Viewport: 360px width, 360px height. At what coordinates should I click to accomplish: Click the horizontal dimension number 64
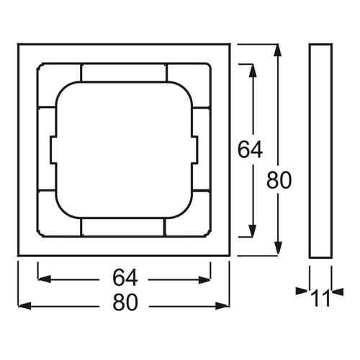coord(125,278)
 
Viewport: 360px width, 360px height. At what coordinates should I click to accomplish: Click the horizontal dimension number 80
coord(125,302)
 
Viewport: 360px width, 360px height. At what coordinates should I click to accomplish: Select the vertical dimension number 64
coord(250,149)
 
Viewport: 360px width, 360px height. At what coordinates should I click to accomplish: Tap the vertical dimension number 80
coord(279,180)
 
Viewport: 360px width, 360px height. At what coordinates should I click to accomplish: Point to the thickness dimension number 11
coord(320,298)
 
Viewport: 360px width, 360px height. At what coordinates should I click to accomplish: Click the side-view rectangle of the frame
coord(320,151)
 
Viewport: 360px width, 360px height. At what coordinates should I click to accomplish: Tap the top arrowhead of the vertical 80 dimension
coord(278,50)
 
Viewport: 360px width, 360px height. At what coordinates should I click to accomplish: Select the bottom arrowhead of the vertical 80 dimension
coord(278,248)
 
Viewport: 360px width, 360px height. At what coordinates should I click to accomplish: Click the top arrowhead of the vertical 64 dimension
coord(253,71)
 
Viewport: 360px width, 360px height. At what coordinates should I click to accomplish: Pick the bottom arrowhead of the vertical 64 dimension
coord(253,230)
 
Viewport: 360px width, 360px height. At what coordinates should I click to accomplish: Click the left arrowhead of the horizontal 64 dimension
coord(45,279)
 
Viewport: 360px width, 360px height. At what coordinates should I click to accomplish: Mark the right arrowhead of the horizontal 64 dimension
coord(204,280)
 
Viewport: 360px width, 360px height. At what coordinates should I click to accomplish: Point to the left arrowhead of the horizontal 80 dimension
coord(24,306)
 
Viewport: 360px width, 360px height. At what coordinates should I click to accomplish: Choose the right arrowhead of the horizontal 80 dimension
coord(222,306)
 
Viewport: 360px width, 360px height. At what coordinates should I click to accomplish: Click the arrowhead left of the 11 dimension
coord(302,292)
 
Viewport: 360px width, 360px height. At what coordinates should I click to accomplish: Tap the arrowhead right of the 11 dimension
coord(338,292)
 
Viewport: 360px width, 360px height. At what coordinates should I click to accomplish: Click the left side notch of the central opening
coord(53,150)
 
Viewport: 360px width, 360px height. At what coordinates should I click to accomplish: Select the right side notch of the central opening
coord(195,150)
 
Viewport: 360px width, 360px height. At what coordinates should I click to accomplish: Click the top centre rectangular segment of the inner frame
coord(124,72)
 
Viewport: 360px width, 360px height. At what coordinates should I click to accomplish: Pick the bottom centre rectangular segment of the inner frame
coord(123,228)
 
